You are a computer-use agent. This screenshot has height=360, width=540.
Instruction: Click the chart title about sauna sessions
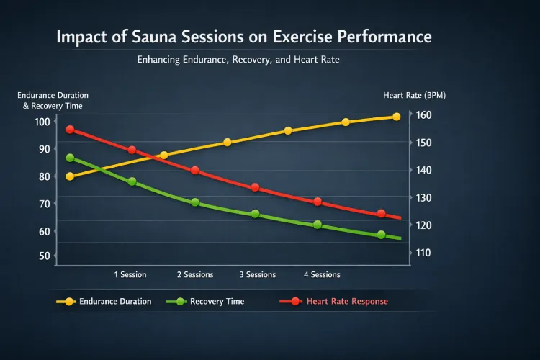click(244, 37)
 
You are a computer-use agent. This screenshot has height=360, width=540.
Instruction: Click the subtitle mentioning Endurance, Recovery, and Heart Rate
click(238, 60)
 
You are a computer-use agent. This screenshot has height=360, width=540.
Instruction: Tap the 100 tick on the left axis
click(42, 121)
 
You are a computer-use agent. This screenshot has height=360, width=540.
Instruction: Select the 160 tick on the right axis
click(424, 115)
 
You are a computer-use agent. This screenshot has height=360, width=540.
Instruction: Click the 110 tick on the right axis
click(424, 253)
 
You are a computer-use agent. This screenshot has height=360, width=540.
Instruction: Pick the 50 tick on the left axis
click(42, 256)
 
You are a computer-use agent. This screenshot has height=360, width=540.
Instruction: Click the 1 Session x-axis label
click(130, 274)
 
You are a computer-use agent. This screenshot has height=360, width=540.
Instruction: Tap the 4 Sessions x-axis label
click(322, 274)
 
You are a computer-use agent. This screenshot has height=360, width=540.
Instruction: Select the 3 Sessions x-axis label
click(258, 274)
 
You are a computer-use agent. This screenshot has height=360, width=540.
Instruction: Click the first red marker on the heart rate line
click(70, 130)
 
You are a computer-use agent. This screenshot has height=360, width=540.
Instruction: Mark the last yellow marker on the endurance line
click(397, 117)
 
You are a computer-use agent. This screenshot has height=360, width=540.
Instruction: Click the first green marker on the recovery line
click(70, 158)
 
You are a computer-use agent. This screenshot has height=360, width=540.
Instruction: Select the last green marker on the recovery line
click(381, 235)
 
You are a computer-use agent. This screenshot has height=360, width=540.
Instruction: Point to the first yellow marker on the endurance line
click(70, 176)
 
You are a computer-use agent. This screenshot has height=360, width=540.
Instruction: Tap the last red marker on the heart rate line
click(382, 214)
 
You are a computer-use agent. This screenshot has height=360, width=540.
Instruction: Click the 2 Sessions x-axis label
click(195, 274)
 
